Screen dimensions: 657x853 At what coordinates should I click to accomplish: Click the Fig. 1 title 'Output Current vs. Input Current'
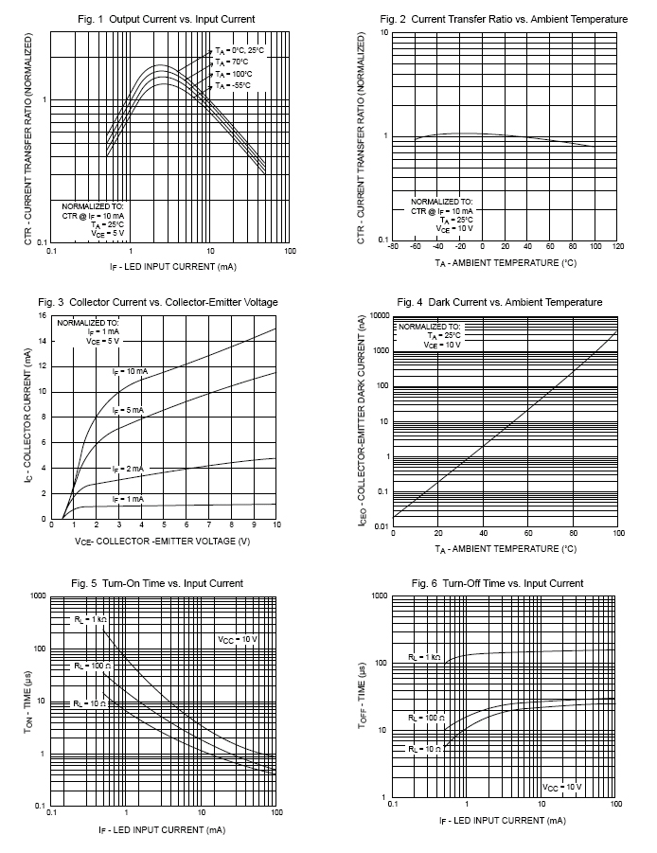(x=182, y=19)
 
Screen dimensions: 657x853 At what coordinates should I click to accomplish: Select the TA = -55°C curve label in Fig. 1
(x=233, y=86)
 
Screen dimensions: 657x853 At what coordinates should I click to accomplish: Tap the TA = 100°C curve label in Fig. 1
(x=233, y=74)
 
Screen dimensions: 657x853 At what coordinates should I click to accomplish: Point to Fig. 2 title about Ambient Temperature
(x=520, y=19)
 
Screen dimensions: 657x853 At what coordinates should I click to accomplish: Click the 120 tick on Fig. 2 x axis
(x=618, y=246)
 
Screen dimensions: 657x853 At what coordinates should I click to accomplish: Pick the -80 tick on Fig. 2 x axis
(x=392, y=246)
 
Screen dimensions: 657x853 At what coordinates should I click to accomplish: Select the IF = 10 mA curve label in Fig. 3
(x=130, y=372)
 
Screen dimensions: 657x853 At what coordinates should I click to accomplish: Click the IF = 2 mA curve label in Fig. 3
(x=129, y=469)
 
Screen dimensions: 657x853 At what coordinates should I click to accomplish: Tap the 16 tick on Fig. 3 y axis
(x=43, y=315)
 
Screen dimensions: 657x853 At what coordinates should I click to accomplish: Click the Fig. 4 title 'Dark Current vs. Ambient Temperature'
(x=515, y=302)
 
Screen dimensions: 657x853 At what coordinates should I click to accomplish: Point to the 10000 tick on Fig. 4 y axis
(x=379, y=315)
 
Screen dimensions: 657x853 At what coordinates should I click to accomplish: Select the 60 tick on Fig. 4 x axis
(x=528, y=533)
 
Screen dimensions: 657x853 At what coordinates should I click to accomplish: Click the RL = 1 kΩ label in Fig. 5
(x=90, y=619)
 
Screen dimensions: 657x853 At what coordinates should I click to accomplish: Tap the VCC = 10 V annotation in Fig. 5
(x=238, y=639)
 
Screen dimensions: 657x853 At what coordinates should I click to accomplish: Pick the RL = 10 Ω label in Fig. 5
(x=90, y=704)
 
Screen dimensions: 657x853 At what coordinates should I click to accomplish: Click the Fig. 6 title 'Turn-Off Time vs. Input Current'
(x=513, y=584)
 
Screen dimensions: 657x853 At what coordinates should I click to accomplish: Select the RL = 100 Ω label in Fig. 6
(x=426, y=718)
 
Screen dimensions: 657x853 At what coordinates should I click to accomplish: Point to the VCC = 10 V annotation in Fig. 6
(x=561, y=787)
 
